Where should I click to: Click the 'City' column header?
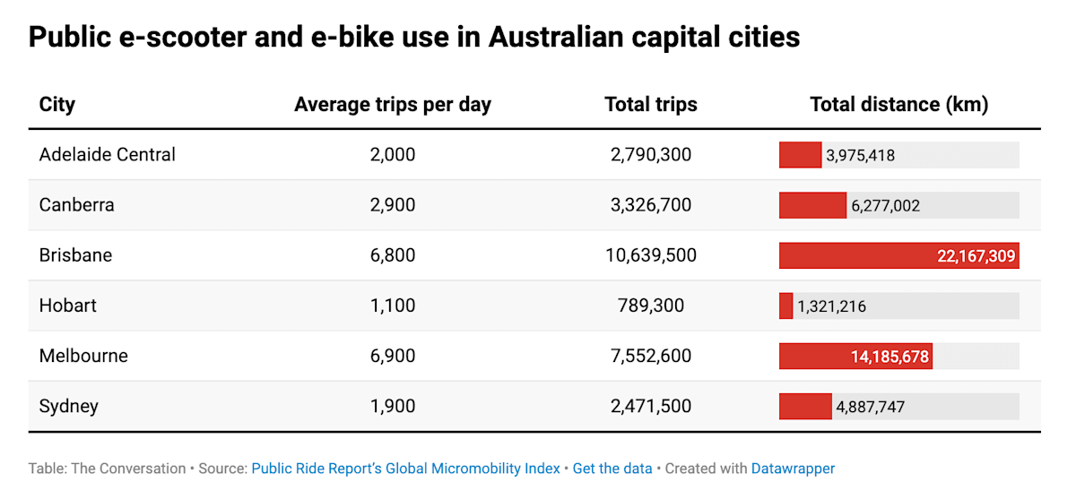57,105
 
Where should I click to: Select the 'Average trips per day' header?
393,105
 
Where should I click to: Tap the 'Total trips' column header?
651,105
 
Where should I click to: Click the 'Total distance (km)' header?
898,105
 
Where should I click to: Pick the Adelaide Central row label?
108,155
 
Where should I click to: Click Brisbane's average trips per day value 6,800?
393,255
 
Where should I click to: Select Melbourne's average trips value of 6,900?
393,356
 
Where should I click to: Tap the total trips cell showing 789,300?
651,305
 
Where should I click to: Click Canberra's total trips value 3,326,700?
651,205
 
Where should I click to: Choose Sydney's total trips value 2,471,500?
651,406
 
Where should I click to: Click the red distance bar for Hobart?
786,305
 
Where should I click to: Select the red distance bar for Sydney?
805,406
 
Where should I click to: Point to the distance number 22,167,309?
976,256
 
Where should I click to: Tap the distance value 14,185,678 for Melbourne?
889,357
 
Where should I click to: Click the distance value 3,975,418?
861,156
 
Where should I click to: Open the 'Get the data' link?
612,469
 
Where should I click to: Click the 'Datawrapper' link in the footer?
793,469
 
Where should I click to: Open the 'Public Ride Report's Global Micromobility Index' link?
405,469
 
